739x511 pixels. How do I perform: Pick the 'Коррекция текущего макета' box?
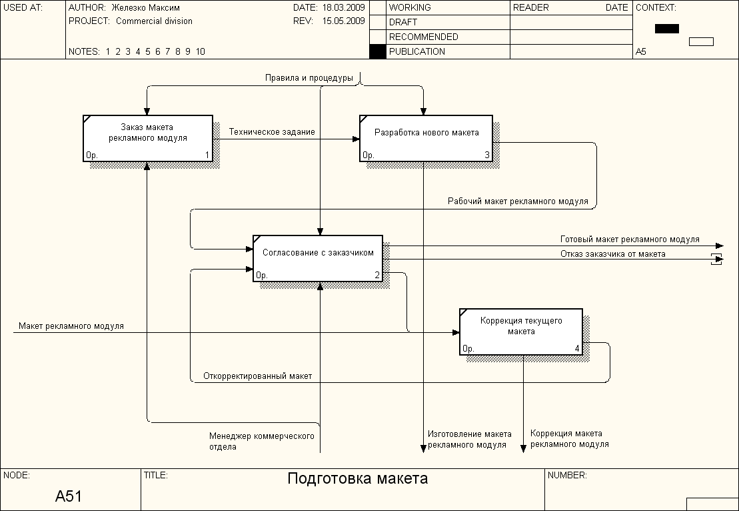(520, 331)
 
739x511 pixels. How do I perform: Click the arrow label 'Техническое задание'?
(272, 132)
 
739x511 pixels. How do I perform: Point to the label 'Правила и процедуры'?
(309, 78)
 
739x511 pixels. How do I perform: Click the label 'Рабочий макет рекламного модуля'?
(518, 201)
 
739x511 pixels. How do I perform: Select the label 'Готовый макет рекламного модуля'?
(630, 239)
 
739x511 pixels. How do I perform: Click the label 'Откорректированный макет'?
(258, 376)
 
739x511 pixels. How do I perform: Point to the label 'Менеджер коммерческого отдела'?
(261, 441)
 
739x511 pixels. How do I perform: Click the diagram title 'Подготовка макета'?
(357, 478)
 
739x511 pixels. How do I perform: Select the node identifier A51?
(69, 496)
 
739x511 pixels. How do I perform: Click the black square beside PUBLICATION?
(378, 51)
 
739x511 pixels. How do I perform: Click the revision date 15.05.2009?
(343, 21)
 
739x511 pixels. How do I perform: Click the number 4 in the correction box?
(577, 348)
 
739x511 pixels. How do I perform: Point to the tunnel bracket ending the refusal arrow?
(717, 260)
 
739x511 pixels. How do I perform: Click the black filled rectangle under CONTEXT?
(666, 29)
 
